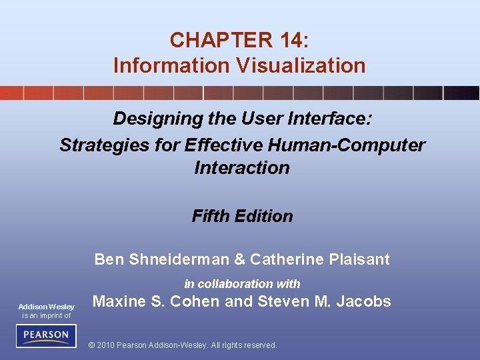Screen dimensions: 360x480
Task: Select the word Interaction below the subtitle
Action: point(242,167)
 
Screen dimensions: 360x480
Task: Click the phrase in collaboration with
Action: point(242,283)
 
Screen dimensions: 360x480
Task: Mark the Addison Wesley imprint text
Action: point(46,307)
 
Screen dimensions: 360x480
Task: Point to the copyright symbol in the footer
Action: point(91,345)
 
